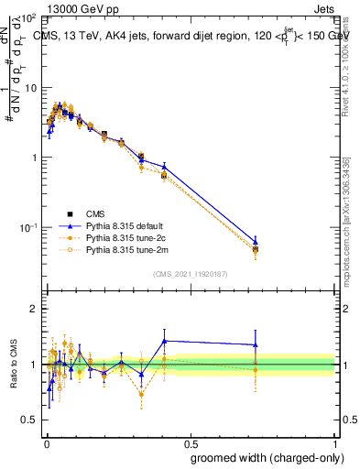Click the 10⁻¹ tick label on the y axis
click(x=27, y=227)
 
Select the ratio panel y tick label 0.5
click(x=31, y=420)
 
